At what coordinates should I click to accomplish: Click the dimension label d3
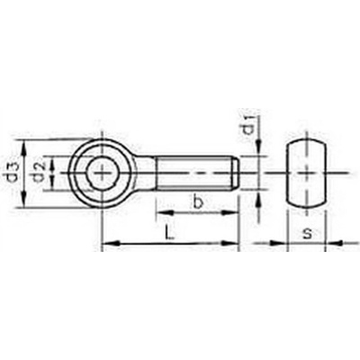12,173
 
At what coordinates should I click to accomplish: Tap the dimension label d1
248,124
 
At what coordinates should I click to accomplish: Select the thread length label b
197,202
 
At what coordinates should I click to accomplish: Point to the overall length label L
169,233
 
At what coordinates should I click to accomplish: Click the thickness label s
306,234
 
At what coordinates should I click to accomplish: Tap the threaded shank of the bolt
197,173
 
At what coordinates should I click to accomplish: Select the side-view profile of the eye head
306,173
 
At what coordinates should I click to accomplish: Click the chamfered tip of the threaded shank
235,173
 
